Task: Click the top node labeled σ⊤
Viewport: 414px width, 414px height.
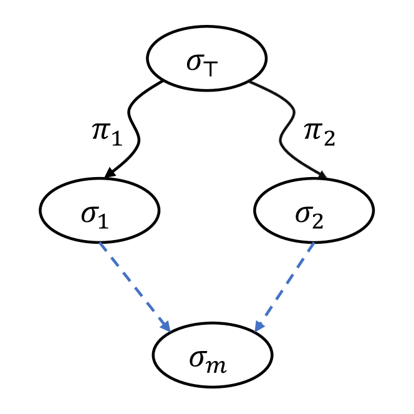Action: tap(206, 58)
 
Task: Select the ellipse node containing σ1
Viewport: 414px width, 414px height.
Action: tap(100, 210)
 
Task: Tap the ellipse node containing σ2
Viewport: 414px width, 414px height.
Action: tap(314, 210)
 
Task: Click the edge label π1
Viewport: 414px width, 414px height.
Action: tap(104, 133)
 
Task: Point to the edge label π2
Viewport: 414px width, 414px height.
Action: tap(319, 133)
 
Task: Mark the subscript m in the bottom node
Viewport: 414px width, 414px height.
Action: tap(218, 365)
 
